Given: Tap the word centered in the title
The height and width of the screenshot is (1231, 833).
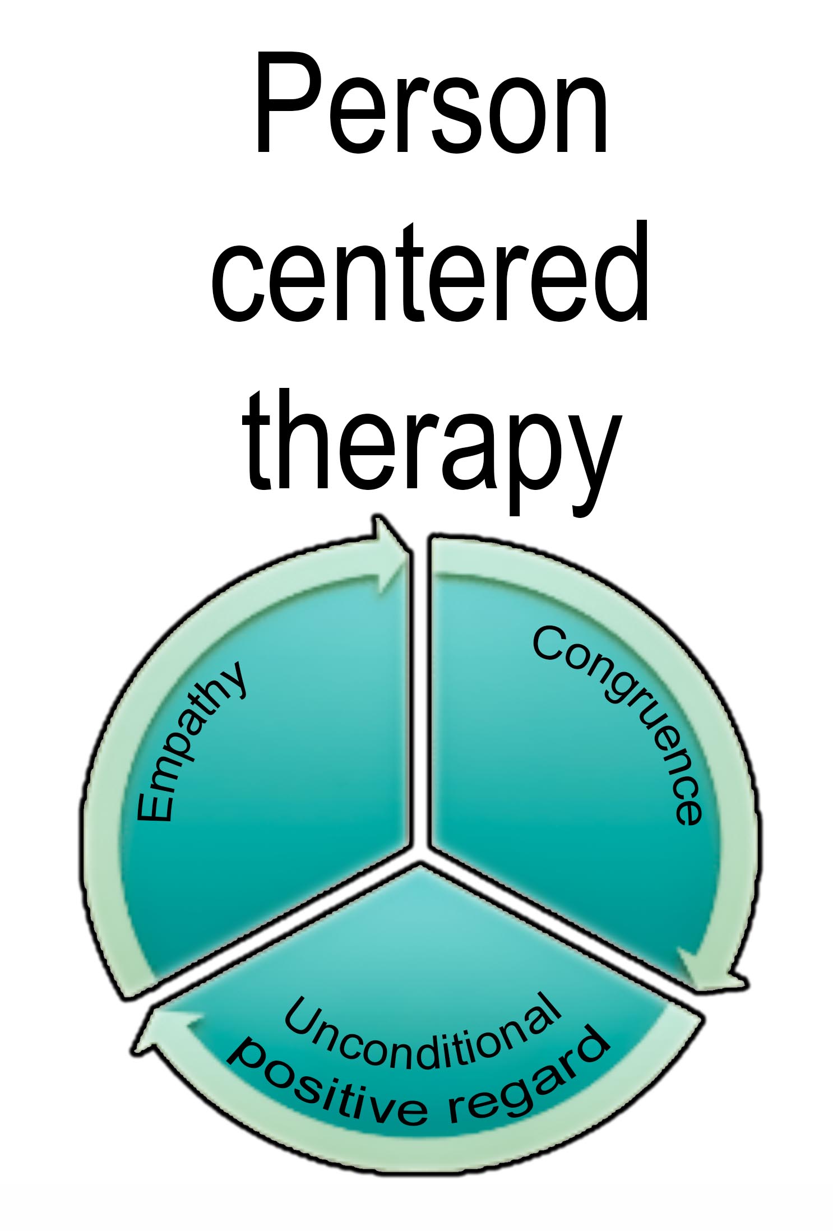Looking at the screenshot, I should tap(431, 272).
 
